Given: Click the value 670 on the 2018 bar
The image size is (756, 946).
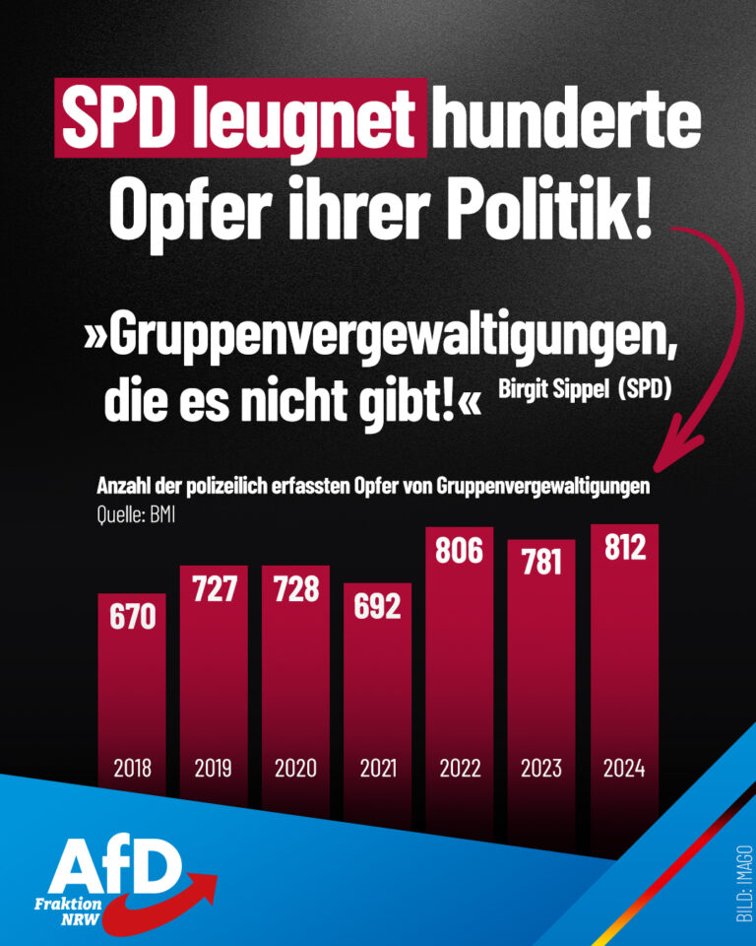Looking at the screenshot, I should pos(132,618).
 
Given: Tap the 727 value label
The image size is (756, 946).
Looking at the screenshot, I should pos(214,587).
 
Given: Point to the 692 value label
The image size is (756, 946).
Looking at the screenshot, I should pos(378,606).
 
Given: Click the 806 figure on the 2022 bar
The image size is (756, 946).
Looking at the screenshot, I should pos(460,549).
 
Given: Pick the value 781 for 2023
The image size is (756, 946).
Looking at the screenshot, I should pos(541,562).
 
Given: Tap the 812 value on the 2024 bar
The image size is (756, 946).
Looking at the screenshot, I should pos(623,546).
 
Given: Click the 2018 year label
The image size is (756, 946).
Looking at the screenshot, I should pos(132,768).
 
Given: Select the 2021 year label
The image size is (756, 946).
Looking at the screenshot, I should pos(378,768).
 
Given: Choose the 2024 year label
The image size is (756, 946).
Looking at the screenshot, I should pos(623,768).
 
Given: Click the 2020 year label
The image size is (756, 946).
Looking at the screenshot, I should pos(296,768).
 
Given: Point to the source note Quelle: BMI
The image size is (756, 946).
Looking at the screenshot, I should pos(136,512).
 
